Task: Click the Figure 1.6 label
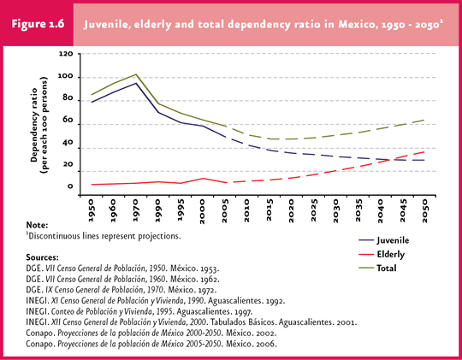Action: [x=38, y=24]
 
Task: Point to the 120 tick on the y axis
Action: [x=65, y=54]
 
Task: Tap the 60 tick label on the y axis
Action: [x=68, y=120]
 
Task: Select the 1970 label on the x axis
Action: [x=136, y=210]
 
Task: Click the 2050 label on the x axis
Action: [x=424, y=210]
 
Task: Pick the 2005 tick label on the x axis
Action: [x=225, y=210]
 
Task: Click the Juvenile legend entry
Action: [x=383, y=240]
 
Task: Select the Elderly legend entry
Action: [x=382, y=254]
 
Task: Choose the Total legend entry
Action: [x=377, y=269]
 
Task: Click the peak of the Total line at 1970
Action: [x=136, y=74]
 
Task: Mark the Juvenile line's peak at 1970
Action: [x=136, y=83]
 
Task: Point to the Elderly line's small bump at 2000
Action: [x=203, y=178]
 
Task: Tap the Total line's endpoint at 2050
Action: [x=424, y=120]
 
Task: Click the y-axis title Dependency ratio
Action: [x=34, y=125]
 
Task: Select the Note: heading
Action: [x=37, y=226]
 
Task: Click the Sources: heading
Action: [x=42, y=257]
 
